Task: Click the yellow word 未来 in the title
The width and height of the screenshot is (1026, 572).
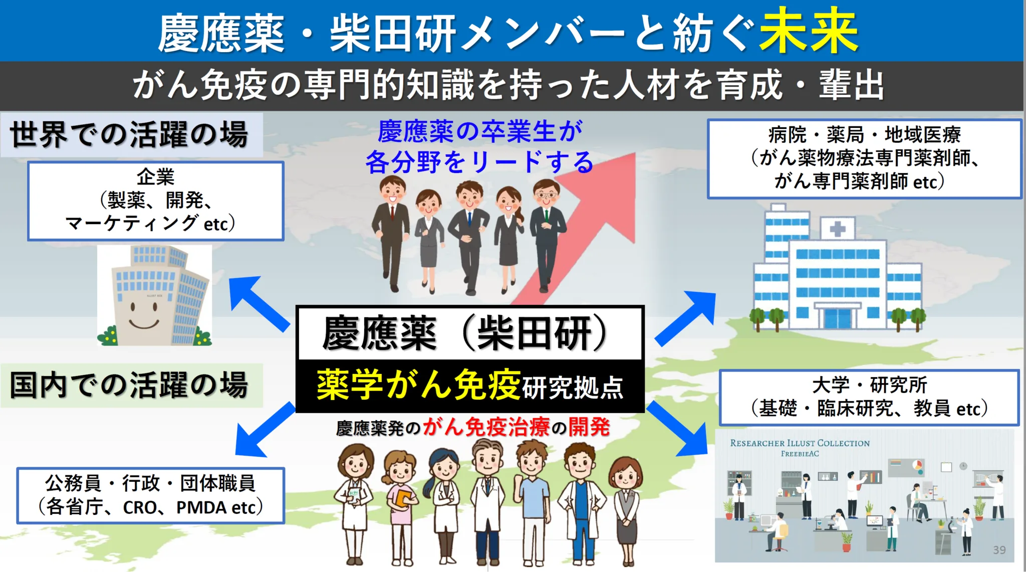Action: (x=808, y=31)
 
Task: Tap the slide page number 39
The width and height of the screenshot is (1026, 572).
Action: (x=999, y=550)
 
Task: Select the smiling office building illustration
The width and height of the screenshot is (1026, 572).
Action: (x=154, y=296)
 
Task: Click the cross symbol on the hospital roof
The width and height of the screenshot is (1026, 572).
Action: (x=837, y=230)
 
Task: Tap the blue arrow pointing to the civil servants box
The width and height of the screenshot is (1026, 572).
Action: (x=263, y=431)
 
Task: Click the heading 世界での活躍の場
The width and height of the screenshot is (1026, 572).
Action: (x=129, y=134)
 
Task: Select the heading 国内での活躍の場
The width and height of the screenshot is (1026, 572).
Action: (x=129, y=385)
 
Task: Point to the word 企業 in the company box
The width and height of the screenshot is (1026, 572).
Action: (x=155, y=177)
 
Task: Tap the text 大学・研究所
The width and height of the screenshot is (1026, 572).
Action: (x=869, y=385)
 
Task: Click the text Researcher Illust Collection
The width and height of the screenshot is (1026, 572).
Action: (x=800, y=443)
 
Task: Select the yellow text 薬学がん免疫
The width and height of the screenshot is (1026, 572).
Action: (x=418, y=385)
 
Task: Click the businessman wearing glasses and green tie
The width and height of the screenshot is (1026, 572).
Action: (x=547, y=236)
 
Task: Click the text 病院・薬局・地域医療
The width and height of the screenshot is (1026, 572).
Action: (x=864, y=134)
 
